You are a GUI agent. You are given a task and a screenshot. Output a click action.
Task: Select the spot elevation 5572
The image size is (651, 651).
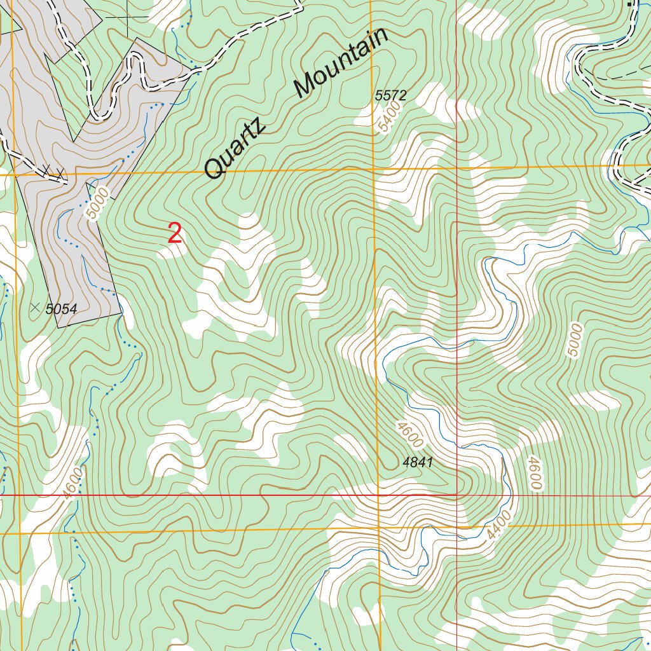390,96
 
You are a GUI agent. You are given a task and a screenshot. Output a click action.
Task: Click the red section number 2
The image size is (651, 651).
175,234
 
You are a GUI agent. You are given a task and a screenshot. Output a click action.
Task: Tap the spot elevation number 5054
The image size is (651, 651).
61,310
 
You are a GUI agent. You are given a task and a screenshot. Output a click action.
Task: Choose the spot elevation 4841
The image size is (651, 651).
418,463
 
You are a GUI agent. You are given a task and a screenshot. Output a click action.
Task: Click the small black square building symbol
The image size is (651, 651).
631,3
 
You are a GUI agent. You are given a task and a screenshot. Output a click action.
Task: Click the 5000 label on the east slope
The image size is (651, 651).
575,340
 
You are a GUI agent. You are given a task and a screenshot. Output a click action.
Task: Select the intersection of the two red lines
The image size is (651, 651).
456,494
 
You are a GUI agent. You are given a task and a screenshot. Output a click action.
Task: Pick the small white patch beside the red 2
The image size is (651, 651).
172,252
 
